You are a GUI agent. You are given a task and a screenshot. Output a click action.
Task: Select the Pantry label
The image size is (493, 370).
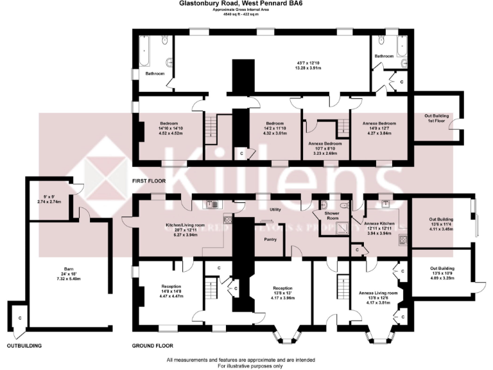click(270, 239)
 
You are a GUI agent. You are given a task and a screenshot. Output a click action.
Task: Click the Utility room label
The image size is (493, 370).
click(276, 209)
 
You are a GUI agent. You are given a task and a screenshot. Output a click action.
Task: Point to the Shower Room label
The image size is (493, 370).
click(333, 216)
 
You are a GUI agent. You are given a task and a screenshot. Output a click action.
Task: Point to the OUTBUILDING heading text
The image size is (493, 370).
click(24, 346)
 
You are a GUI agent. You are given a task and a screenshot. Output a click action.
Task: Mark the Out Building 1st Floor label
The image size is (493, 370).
click(437, 118)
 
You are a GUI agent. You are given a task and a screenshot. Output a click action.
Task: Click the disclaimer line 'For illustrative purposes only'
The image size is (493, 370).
click(246, 365)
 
